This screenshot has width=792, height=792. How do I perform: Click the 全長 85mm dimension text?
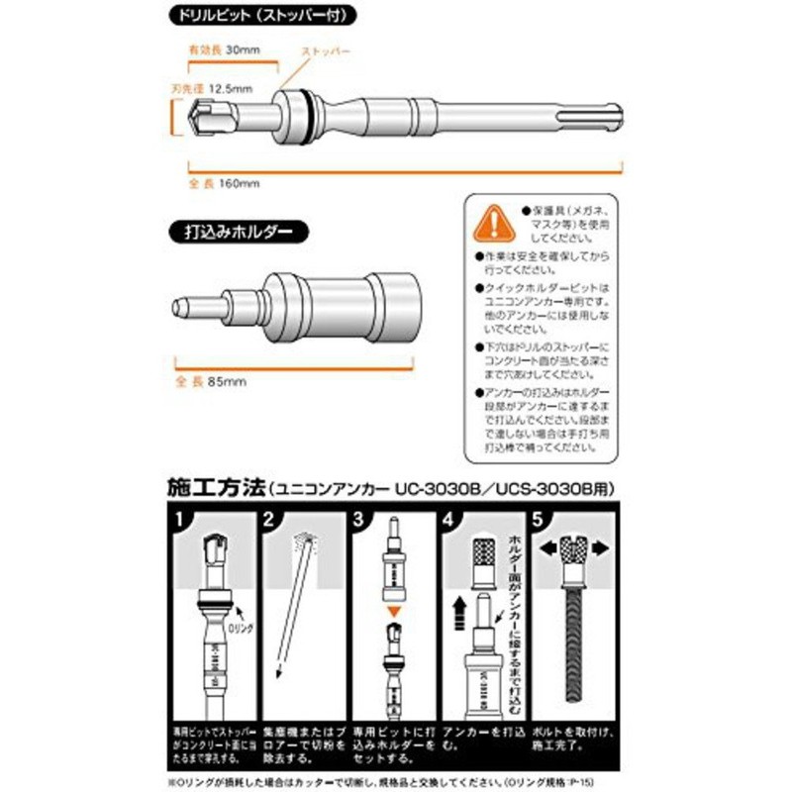(x=214, y=380)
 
